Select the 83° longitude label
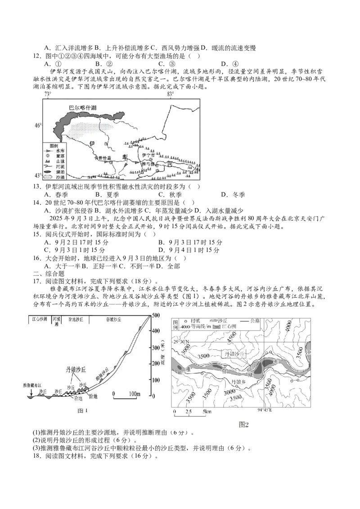pos(170,94)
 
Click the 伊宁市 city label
pos(148,155)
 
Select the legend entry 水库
pos(59,151)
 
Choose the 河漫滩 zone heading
pos(56,319)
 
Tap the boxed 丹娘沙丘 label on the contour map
pos(236,354)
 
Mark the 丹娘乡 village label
pos(238,382)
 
